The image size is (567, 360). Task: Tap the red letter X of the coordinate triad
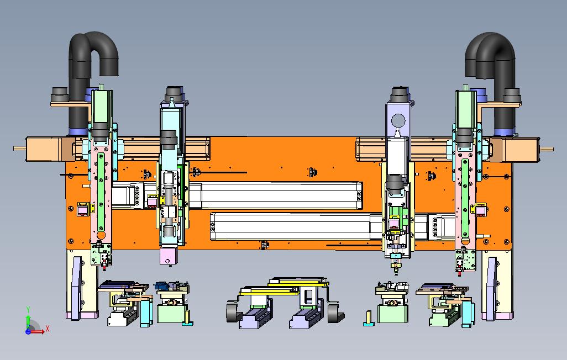coord(47,329)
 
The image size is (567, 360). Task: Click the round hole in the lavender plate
coord(398,121)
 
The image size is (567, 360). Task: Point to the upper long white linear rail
coord(237,195)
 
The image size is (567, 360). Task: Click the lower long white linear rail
coord(326,226)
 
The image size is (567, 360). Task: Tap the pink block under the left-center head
coord(169,256)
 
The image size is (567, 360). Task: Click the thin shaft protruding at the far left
coord(19,148)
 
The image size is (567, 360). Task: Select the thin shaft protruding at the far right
coord(547,149)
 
